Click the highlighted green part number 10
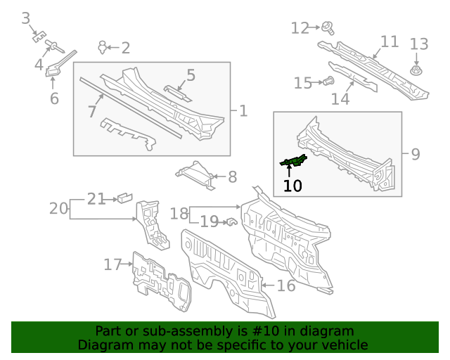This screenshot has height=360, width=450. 293,162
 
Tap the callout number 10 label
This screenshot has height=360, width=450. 292,186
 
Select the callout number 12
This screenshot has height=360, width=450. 300,28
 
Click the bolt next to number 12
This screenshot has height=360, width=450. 328,28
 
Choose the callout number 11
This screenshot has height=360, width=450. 390,41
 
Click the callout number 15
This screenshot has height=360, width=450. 302,84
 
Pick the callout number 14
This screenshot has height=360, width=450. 340,99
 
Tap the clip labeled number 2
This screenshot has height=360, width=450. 104,47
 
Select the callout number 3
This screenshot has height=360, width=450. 25,18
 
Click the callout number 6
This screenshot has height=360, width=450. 54,98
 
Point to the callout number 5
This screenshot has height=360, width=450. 191,75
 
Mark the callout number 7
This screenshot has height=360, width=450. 91,111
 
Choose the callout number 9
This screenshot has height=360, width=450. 415,153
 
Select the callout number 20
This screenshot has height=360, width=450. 58,208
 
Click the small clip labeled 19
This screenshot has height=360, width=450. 229,222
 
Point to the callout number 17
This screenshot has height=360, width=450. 112,264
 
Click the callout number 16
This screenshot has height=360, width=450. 285,285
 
